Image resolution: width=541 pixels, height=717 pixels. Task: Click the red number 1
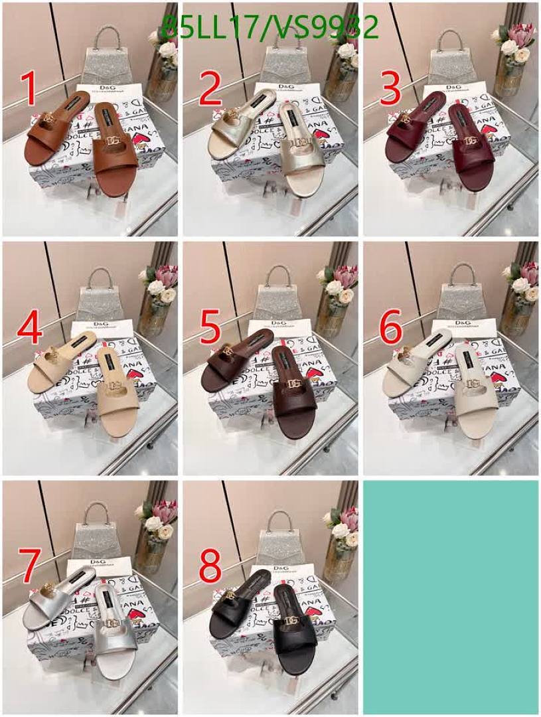[x=27, y=90]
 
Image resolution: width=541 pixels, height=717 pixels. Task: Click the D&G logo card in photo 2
[x=285, y=90]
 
